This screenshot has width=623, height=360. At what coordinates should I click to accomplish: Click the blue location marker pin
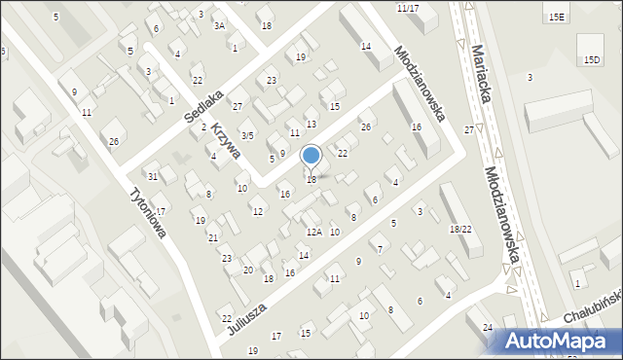[311, 157]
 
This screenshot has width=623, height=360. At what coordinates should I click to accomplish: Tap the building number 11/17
[408, 8]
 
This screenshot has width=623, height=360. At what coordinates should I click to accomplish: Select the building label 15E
[556, 18]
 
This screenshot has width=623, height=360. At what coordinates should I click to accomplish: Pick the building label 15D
[592, 60]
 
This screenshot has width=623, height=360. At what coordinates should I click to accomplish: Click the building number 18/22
[460, 229]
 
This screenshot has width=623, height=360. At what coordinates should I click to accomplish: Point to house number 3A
[220, 26]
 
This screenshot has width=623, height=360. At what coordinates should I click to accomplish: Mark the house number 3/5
[247, 135]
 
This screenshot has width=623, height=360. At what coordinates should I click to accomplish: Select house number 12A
[313, 232]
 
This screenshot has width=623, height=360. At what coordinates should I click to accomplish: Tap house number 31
[153, 176]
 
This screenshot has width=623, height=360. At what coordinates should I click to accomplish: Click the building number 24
[488, 326]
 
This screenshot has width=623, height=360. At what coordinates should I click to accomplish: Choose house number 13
[311, 125]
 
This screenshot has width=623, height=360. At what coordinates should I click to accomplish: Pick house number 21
[212, 237]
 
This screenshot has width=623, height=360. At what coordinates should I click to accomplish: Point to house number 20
[248, 270]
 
